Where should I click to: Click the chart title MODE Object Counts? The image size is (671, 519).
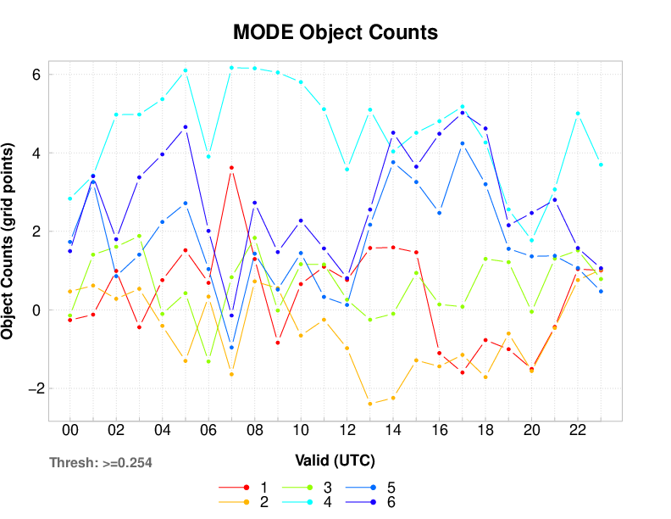pos(335,33)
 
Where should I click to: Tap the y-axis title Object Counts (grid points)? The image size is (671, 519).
pos(8,243)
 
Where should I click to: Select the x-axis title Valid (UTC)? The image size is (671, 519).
pos(335,460)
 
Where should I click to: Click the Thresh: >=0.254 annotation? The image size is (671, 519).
pos(101,463)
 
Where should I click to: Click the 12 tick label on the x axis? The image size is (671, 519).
pos(347,430)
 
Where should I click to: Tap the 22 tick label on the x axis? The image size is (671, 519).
pos(578,430)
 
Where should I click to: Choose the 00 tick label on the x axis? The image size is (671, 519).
pos(70,430)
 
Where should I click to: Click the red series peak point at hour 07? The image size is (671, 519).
pos(231,168)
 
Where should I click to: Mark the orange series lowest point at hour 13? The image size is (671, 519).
pos(370,404)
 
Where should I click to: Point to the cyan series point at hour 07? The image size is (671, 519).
pos(231,67)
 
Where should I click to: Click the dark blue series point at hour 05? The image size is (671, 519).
pos(186,127)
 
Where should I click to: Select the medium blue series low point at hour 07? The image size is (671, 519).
pos(231,348)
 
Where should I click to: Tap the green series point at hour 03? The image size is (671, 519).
pos(139,236)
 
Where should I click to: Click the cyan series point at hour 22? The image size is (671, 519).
pos(578,113)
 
